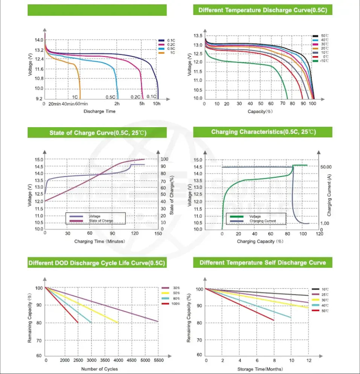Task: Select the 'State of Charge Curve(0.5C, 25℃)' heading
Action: click(97, 133)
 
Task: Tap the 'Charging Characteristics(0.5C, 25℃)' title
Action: click(263, 132)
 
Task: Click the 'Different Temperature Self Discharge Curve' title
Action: click(262, 262)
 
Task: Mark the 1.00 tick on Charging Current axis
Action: click(325, 223)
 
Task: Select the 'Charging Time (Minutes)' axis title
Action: click(99, 241)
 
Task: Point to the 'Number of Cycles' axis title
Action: click(99, 369)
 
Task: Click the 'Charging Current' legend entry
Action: click(263, 221)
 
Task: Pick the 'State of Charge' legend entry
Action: click(101, 221)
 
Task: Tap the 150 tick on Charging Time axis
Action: click(159, 234)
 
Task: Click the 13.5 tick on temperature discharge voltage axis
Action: click(198, 36)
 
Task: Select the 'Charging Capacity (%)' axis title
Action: click(260, 241)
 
